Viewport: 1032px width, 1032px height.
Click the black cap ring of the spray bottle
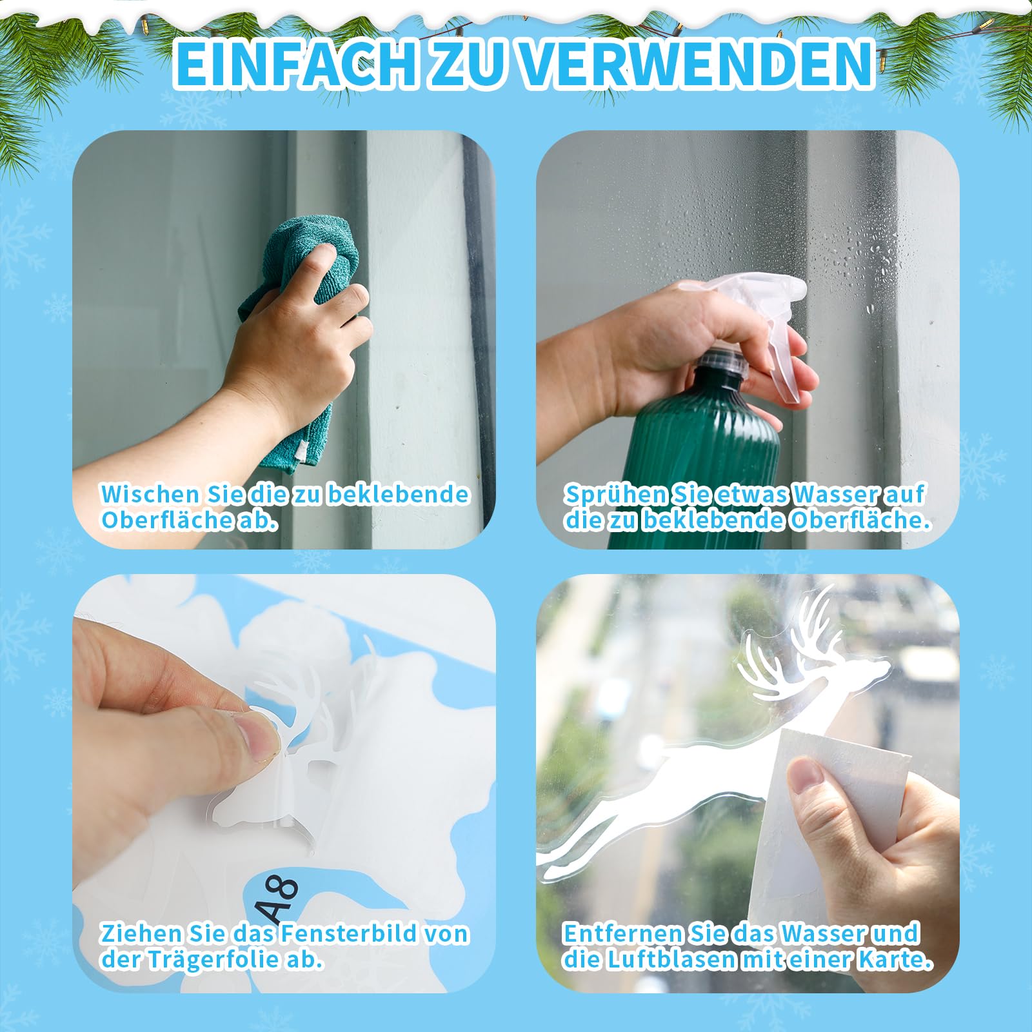[722, 361]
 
